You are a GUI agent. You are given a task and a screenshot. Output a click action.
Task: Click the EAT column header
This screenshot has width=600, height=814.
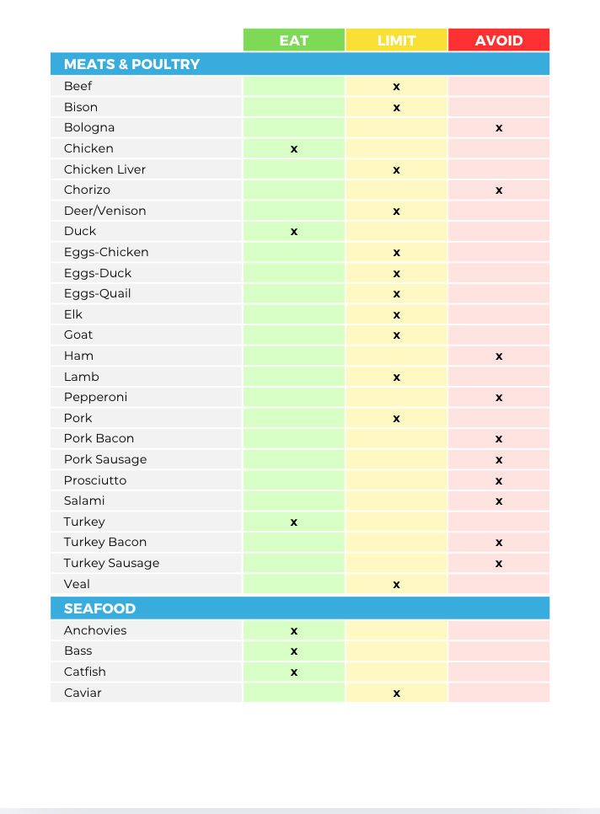pyautogui.click(x=293, y=40)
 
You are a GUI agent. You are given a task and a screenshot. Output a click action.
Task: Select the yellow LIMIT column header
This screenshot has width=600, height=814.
pyautogui.click(x=396, y=40)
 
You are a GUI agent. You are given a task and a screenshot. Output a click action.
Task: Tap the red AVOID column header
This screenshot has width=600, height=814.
pyautogui.click(x=499, y=40)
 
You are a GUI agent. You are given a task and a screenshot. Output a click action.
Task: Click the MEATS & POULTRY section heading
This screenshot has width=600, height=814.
pyautogui.click(x=131, y=64)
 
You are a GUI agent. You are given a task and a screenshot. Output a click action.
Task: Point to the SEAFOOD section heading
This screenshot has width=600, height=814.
pyautogui.click(x=99, y=608)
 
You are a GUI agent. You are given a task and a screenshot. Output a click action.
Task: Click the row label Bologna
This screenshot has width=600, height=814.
pyautogui.click(x=89, y=128)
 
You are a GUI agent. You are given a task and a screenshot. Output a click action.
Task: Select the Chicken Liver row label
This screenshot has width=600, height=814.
pyautogui.click(x=104, y=169)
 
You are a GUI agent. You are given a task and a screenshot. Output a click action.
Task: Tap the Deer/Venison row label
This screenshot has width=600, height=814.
pyautogui.click(x=104, y=211)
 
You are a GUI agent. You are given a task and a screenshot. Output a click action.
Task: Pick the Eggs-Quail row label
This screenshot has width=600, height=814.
pyautogui.click(x=98, y=293)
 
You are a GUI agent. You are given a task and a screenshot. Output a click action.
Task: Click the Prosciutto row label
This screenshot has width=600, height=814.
pyautogui.click(x=95, y=480)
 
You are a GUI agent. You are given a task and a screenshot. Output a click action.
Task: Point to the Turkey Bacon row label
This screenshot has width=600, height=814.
pyautogui.click(x=105, y=543)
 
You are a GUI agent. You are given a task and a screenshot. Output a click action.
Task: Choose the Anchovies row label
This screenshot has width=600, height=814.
pyautogui.click(x=95, y=630)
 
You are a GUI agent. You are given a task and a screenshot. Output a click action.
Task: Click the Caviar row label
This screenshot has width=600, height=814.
pyautogui.click(x=83, y=693)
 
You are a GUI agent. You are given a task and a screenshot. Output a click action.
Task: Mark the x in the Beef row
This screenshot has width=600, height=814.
pyautogui.click(x=396, y=87)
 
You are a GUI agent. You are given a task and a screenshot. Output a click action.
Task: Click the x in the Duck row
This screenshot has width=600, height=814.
pyautogui.click(x=294, y=232)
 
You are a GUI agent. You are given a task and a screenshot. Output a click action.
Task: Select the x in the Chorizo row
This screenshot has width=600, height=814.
pyautogui.click(x=499, y=190)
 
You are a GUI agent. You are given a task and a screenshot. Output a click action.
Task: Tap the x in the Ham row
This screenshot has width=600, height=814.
pyautogui.click(x=499, y=356)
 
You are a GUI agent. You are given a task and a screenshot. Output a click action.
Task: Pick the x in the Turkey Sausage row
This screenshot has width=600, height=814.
pyautogui.click(x=499, y=564)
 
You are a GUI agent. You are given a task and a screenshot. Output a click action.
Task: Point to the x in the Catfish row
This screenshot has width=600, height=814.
pyautogui.click(x=294, y=672)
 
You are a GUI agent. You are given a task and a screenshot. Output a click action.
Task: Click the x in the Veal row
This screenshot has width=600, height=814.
pyautogui.click(x=396, y=585)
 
